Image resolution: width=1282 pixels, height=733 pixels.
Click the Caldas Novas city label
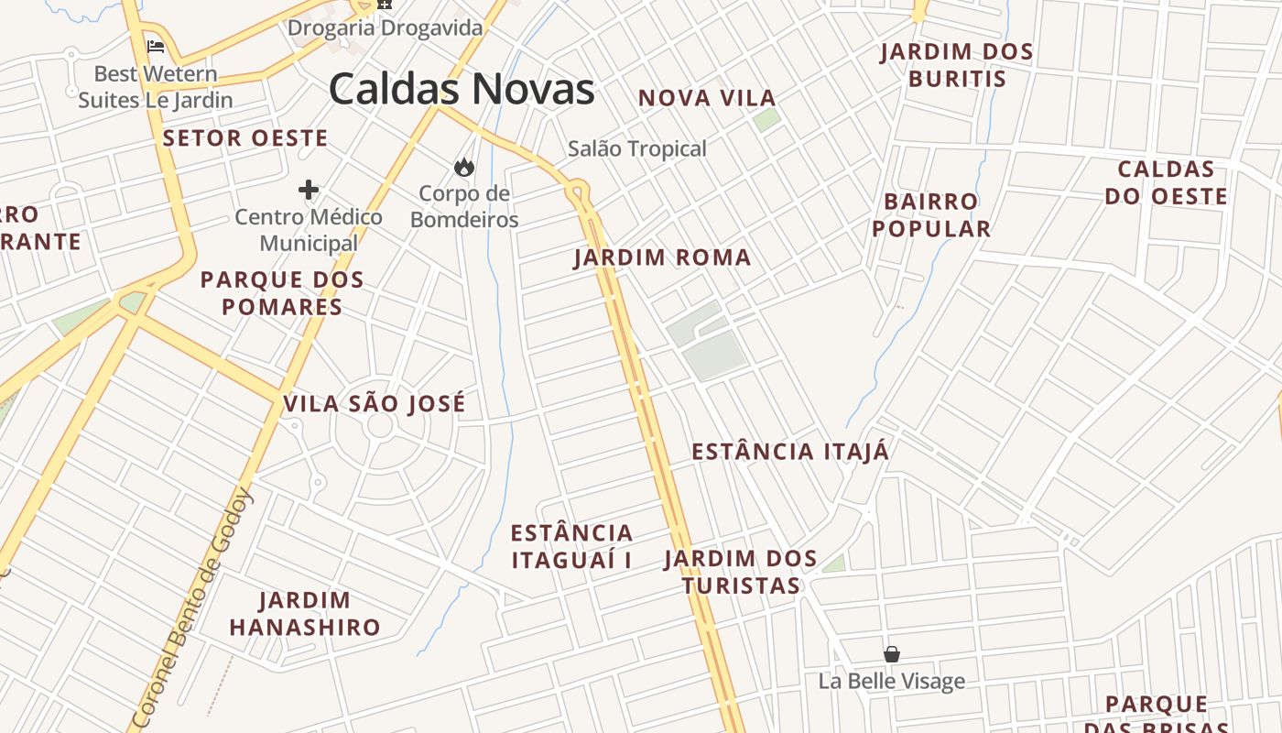pos(462,90)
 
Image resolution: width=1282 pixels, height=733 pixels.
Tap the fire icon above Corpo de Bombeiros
pos(463,167)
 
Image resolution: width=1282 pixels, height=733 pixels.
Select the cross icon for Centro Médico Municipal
pos(309,190)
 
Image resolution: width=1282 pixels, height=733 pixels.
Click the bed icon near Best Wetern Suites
pos(156,46)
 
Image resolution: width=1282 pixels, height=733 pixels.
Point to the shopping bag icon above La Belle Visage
pos(891,654)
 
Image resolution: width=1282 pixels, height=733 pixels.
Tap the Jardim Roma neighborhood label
pos(662,258)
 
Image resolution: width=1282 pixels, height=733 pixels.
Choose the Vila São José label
pos(375,404)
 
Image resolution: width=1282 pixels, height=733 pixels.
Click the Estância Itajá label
pos(789,452)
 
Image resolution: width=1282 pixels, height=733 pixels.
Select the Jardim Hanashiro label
pos(305,614)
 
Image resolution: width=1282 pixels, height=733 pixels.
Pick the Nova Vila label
pos(707,98)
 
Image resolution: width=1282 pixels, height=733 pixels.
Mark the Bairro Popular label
pos(931,215)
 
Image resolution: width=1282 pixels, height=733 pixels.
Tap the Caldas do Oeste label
pos(1166,182)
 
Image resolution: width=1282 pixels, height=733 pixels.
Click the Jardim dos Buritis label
pos(957,65)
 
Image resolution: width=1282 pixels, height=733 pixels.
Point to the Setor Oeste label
pos(245,138)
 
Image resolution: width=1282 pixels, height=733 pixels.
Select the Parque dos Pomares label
pos(282,293)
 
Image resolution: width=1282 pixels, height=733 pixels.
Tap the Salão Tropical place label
pos(637,148)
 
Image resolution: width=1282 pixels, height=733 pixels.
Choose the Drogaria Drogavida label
pos(385,28)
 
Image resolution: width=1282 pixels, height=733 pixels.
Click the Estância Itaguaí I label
pos(572,546)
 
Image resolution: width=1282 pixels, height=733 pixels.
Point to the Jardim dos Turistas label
pos(741,572)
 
